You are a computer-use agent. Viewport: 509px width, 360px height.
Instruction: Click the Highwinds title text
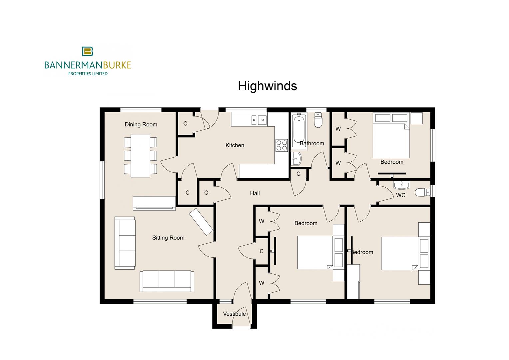(267, 86)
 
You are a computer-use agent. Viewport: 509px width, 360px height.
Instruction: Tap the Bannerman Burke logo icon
(88, 51)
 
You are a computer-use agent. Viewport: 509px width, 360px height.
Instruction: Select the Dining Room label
(141, 124)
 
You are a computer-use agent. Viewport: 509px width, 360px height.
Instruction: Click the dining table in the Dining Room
(140, 155)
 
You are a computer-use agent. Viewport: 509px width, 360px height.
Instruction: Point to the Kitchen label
(235, 145)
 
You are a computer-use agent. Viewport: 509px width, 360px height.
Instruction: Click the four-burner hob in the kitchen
(281, 145)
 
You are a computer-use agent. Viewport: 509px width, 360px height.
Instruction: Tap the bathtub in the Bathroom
(299, 131)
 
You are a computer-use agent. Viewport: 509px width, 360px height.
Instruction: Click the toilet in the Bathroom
(318, 121)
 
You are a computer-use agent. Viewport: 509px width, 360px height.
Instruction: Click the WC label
(400, 195)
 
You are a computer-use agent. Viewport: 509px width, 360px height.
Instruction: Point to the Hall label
(254, 193)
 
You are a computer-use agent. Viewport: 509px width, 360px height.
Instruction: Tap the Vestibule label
(234, 314)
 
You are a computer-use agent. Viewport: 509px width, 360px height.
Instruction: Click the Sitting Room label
(168, 238)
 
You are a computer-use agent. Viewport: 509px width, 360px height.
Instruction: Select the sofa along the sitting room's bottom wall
(167, 281)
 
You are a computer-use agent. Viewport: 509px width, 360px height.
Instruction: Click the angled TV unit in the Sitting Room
(201, 222)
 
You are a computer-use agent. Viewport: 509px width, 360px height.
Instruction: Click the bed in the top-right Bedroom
(391, 140)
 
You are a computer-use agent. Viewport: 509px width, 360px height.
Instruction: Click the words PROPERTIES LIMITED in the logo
(88, 74)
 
